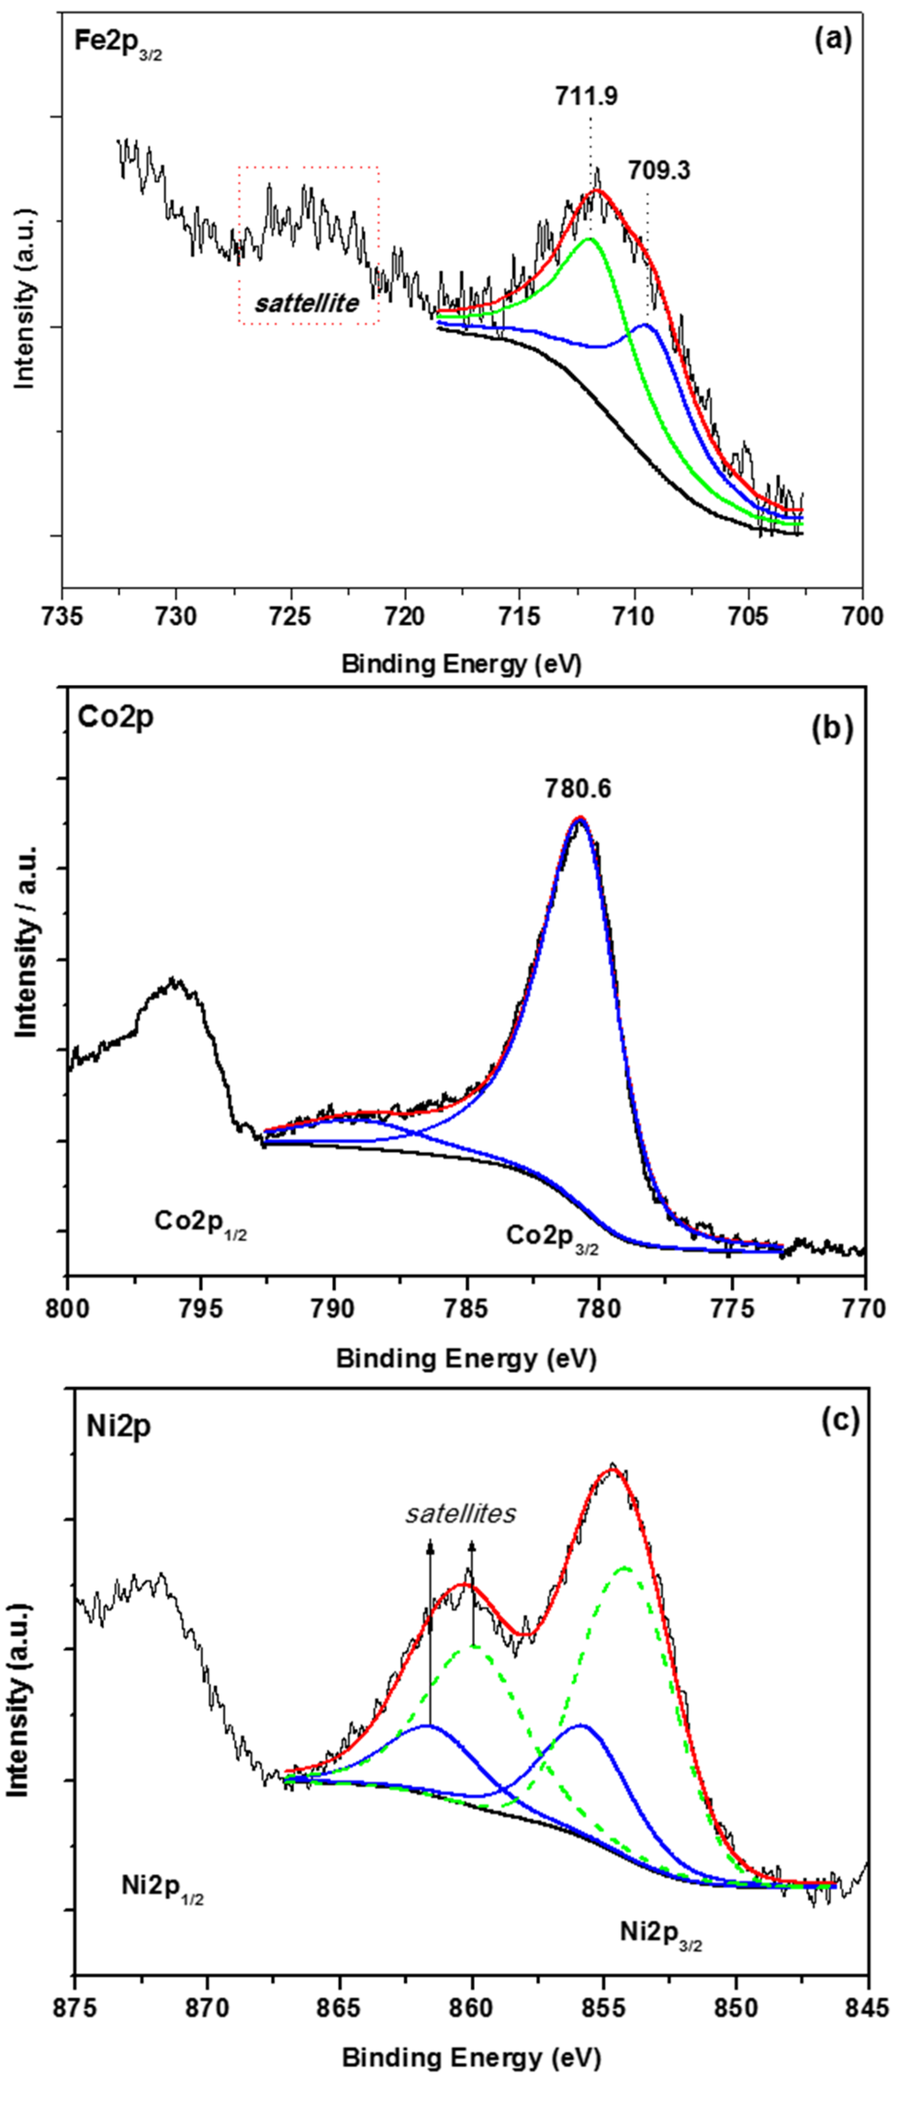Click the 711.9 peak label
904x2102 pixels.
click(586, 96)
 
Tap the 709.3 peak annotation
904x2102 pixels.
click(659, 170)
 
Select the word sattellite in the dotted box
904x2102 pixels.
click(306, 304)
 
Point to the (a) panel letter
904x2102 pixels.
click(832, 39)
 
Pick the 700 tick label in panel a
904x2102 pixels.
click(862, 615)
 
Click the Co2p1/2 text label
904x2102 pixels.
click(200, 1222)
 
